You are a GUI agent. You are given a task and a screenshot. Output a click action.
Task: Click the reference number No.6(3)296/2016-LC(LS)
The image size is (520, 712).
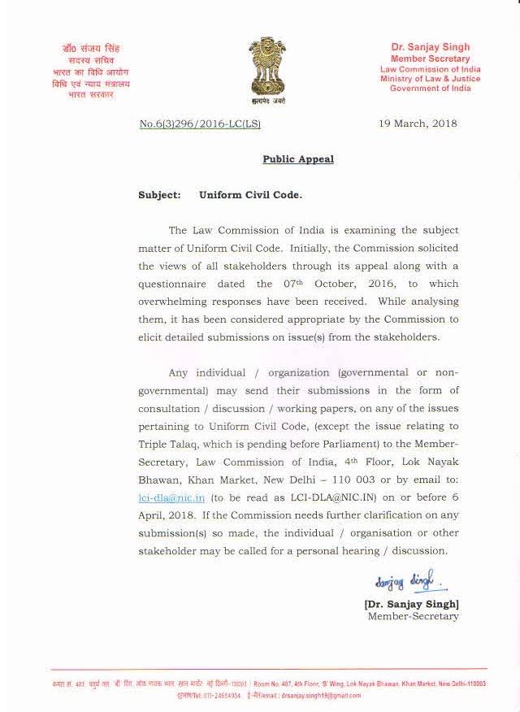(200, 124)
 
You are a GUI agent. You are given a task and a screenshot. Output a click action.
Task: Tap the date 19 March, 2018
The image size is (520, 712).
(418, 124)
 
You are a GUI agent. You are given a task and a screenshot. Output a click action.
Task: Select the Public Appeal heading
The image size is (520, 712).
(297, 159)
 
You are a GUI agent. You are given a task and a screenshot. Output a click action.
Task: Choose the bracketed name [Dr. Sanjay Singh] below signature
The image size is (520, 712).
(411, 604)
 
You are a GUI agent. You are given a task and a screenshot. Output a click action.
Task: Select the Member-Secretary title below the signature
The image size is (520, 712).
(413, 616)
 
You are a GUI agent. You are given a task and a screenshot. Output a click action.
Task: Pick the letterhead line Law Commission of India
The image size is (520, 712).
(430, 69)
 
